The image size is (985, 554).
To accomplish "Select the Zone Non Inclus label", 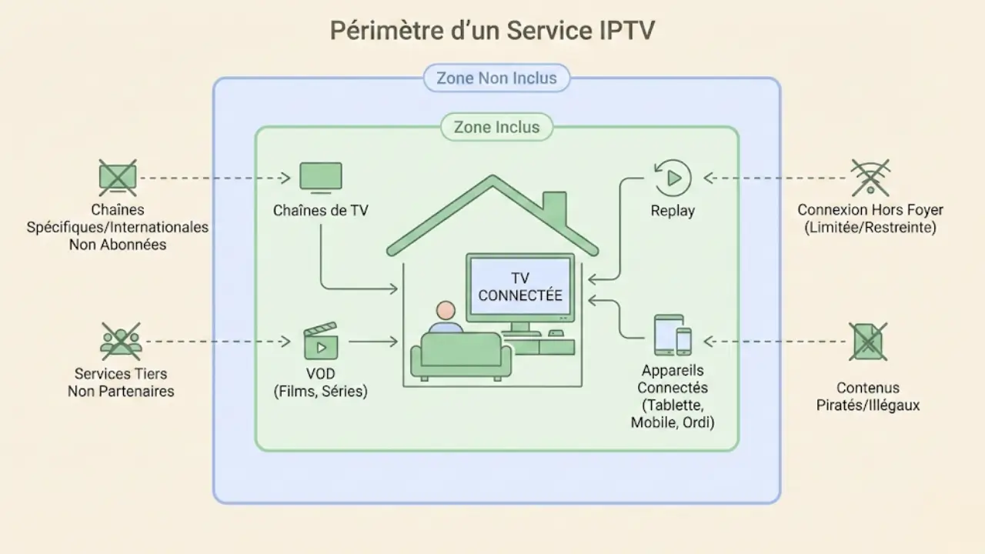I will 496,78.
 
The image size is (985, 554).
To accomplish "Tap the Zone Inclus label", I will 496,127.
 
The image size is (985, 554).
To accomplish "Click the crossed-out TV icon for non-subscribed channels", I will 118,178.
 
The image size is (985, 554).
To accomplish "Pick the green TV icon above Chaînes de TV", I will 320,177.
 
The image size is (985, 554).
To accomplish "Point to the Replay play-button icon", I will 672,178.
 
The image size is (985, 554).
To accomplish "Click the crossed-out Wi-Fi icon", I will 870,178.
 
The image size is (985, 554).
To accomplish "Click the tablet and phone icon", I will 672,335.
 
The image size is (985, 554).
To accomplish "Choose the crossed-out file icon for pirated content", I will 868,341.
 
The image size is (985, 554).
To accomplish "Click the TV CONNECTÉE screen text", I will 520,287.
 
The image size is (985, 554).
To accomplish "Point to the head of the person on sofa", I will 445,311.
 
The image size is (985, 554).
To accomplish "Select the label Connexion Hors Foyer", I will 870,210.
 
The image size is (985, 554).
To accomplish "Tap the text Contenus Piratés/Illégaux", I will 868,396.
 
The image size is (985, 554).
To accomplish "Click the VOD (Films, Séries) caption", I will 320,382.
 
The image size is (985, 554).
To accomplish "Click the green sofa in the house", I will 460,356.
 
